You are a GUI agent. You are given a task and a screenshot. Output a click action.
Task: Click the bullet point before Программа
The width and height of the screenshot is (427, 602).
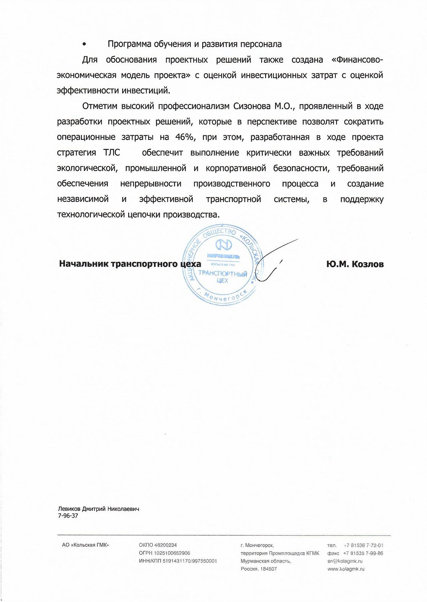pos(84,45)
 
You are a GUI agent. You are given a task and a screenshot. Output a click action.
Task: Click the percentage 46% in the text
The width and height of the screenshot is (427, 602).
pos(185,137)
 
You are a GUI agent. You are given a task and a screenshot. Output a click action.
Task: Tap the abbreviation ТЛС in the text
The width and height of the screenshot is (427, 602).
pos(112,153)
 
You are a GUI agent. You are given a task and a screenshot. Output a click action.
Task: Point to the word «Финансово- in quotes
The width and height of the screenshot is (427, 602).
pos(357,60)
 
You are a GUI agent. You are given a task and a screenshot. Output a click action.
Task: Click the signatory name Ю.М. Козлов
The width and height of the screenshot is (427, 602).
pos(355,264)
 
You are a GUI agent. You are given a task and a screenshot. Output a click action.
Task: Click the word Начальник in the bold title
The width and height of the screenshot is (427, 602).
pos(84,264)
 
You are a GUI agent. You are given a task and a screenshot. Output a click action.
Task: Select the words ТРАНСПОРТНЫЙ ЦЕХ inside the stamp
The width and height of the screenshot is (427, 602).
pos(223,276)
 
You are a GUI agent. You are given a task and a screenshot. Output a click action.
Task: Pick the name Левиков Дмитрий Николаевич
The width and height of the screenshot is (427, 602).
pos(99,509)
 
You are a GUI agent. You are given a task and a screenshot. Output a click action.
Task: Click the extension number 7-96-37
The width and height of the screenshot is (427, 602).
pos(68,516)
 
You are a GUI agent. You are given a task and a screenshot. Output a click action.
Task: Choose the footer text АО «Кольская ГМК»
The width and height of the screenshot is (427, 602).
pos(86,545)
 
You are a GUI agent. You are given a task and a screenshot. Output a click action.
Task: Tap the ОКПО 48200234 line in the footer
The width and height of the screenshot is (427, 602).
pos(158,545)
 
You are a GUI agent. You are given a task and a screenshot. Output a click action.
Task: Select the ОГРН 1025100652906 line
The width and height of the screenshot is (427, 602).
pos(165,553)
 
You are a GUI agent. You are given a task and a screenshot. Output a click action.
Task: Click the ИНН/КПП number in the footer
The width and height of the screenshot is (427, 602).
pos(178,561)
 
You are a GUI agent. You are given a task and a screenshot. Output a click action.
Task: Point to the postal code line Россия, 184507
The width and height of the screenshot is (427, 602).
pos(259,569)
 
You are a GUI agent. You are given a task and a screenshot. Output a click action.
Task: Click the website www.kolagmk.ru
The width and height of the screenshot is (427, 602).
pos(346,569)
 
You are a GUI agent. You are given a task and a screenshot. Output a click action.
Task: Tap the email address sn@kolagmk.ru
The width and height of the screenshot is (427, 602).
pos(345,561)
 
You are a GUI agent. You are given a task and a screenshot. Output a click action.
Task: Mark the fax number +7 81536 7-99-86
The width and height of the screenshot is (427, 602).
pos(363,553)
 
